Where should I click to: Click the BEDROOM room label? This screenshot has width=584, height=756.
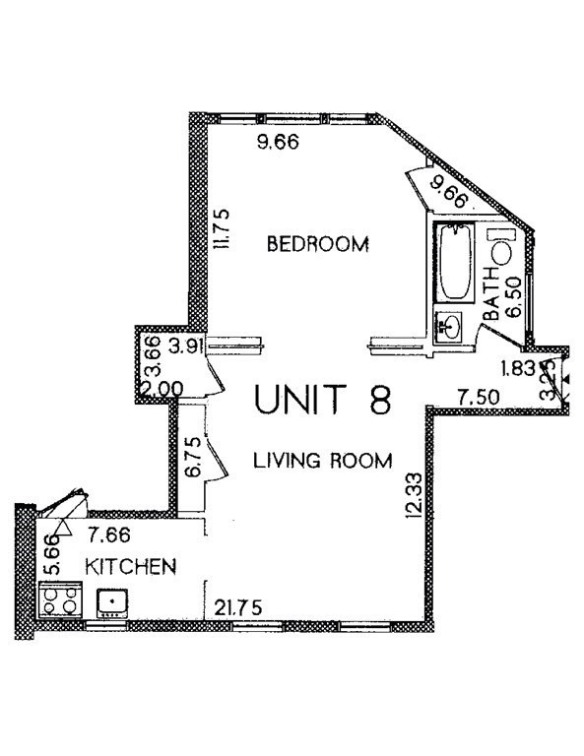pos(318,243)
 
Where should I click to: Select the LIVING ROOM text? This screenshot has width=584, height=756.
pos(322,460)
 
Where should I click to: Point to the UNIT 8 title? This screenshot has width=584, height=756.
pos(323,400)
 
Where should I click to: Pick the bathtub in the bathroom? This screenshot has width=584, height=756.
pos(455,264)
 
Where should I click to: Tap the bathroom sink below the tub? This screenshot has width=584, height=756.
pos(451,326)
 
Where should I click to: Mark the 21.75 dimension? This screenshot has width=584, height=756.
pos(238,608)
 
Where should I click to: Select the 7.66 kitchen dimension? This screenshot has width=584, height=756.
pos(108,536)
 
